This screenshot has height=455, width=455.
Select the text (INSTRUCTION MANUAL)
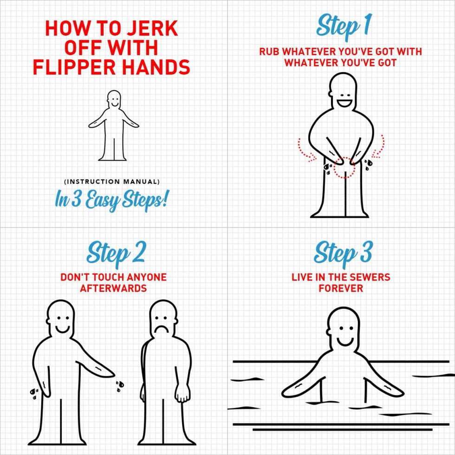point(112,182)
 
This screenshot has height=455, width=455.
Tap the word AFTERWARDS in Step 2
point(113,288)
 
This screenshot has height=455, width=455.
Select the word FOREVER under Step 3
point(341,288)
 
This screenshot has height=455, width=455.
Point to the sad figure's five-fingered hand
point(182,393)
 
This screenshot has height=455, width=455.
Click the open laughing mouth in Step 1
point(344,103)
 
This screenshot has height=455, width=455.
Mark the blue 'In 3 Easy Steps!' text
point(111,200)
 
